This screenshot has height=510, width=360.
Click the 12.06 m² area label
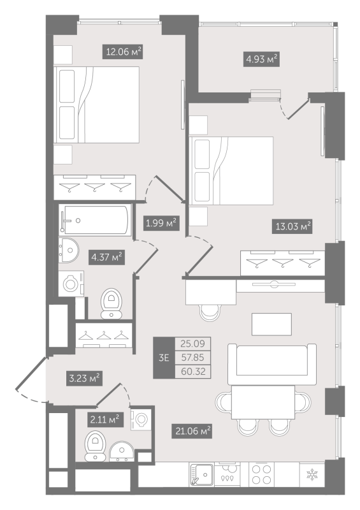pos(122,52)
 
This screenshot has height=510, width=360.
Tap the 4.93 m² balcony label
pos(261,59)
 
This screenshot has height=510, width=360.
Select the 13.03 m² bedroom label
pos(292,226)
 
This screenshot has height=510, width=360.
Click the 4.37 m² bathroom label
pos(106,258)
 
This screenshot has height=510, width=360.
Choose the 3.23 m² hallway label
pos(84,379)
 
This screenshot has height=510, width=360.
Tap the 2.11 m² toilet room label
pos(105,419)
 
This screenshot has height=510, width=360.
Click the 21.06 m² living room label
pos(192,431)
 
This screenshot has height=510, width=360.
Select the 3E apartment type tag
pos(164,358)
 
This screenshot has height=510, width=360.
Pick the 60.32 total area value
pos(193,372)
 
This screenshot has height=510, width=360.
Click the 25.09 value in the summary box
pos(193,344)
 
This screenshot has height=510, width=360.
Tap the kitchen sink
pos(202,475)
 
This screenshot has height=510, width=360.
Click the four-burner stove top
pos(262,474)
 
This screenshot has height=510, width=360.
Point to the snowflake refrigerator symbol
pos(312,474)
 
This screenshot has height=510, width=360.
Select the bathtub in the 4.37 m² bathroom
pos(96,220)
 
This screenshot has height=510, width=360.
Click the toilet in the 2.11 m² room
pos(95,446)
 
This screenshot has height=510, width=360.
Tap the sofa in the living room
pos(272,364)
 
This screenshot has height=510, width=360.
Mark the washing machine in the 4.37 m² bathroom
pos(71,284)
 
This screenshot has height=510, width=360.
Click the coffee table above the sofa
pos(271,324)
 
